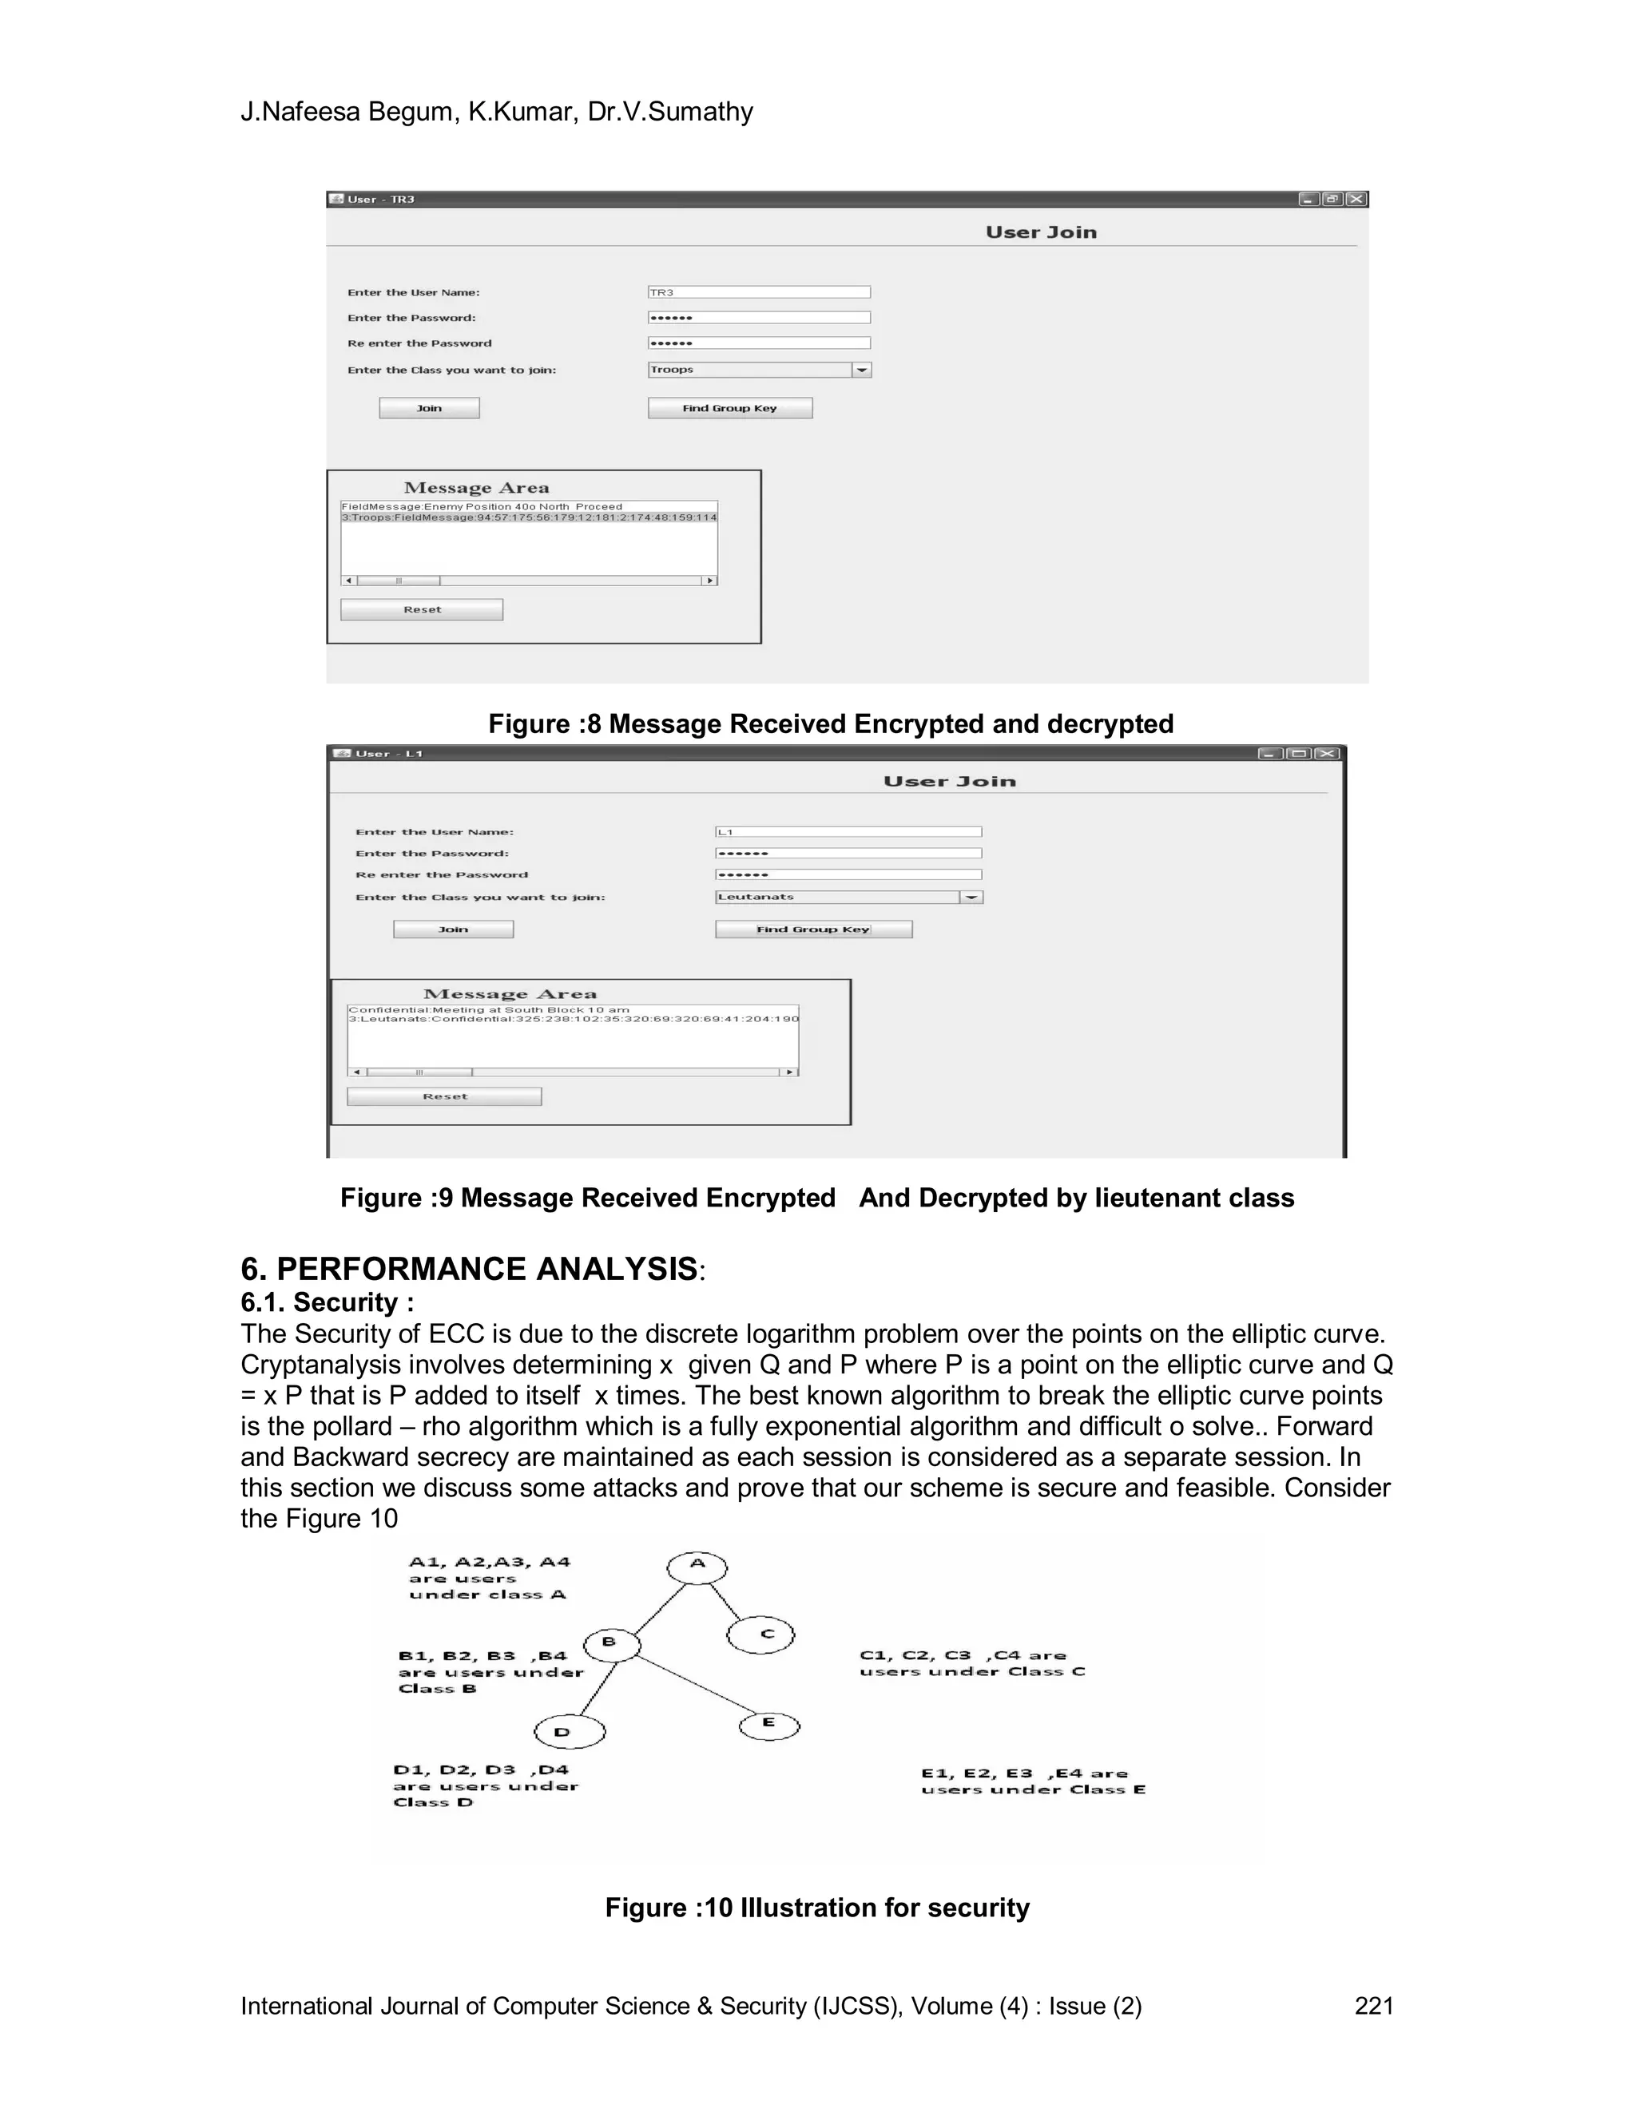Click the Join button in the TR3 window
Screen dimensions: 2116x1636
[429, 408]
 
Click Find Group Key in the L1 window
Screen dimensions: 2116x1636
[813, 929]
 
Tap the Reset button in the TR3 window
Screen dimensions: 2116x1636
[422, 609]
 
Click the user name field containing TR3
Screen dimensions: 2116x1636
[759, 292]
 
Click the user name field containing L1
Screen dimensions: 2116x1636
[848, 832]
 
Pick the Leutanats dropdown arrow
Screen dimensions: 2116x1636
[971, 898]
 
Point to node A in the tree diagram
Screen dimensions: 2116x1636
[697, 1563]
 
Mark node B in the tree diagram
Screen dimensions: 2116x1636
[613, 1643]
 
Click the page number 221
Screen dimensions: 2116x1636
[1373, 2007]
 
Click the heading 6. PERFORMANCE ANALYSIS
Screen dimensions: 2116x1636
[469, 1270]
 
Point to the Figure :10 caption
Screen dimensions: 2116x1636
[817, 1908]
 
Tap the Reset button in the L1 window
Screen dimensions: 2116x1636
[444, 1097]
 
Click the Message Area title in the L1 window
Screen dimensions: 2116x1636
[510, 994]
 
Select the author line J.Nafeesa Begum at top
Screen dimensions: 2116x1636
[496, 113]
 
